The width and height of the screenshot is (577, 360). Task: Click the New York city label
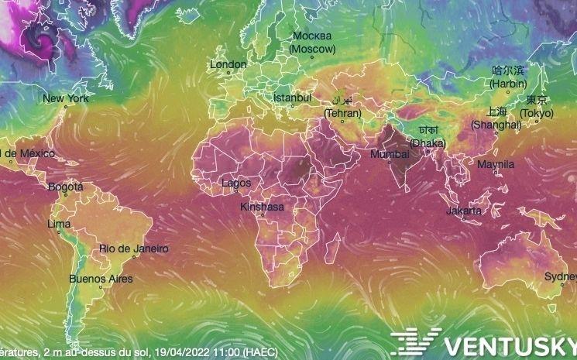(65, 98)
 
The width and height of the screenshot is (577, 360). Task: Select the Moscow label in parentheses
(313, 49)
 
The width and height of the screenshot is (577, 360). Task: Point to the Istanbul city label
(292, 98)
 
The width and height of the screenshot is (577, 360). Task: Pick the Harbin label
(508, 83)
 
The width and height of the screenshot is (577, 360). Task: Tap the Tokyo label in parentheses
(537, 114)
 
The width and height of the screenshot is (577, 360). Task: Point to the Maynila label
(496, 165)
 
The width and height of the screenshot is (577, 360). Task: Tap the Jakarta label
(464, 211)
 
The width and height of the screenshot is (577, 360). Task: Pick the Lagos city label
(235, 183)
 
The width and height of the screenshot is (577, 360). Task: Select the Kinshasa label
(262, 207)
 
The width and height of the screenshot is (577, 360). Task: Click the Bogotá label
(65, 187)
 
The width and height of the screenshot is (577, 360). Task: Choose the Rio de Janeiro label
(133, 249)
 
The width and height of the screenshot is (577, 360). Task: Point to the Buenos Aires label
(101, 279)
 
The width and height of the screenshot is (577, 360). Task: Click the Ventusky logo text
(508, 343)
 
